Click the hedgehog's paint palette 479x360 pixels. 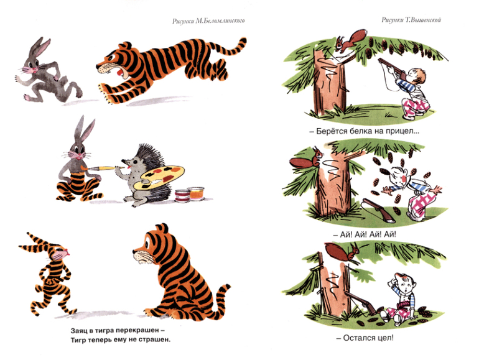(x=159, y=177)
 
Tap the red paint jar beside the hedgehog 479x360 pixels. (x=182, y=196)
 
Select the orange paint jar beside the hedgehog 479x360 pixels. (x=197, y=193)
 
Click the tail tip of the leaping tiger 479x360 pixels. (x=243, y=40)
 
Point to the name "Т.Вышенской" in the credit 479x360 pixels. (x=423, y=20)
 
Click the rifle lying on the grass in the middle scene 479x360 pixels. (x=378, y=210)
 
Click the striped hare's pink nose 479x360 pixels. (x=67, y=253)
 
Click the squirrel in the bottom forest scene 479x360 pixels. (x=342, y=251)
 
